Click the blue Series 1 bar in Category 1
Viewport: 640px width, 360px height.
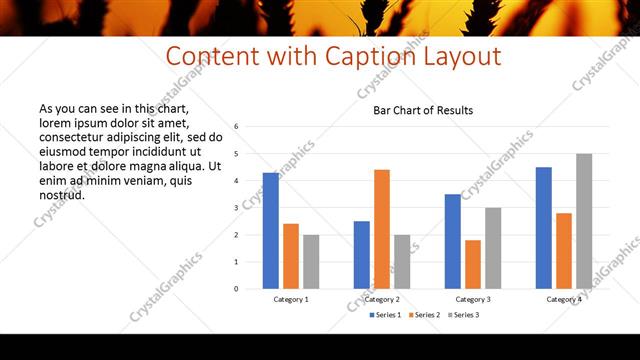(x=271, y=231)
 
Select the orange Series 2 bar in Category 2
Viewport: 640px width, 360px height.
(x=382, y=229)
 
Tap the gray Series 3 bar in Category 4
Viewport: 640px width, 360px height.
(x=584, y=221)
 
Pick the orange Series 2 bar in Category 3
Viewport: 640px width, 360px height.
(x=473, y=264)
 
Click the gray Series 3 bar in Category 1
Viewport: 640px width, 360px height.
(x=311, y=262)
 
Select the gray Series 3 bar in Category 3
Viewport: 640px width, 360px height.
(x=493, y=248)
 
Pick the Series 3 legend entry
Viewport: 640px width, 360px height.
(x=463, y=315)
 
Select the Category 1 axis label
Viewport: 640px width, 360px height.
(x=291, y=299)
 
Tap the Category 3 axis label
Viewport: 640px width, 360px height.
(x=473, y=299)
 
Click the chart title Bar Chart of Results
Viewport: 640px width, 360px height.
(x=423, y=110)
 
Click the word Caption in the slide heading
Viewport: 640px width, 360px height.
(x=366, y=56)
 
